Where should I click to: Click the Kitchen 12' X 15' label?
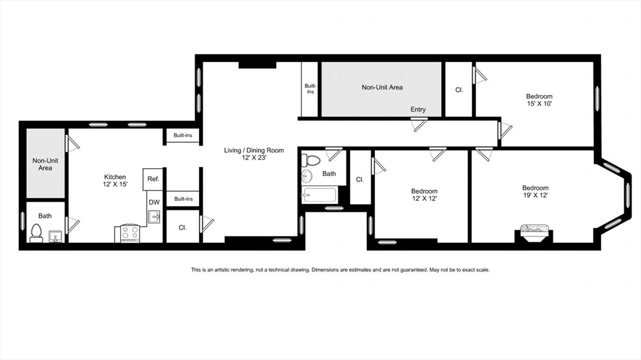[115, 181]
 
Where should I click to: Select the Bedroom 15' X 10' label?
[539, 100]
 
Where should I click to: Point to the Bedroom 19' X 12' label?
[535, 192]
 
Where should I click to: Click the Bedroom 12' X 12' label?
[424, 195]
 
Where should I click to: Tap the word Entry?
[418, 110]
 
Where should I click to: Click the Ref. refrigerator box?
[153, 178]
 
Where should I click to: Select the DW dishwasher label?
[153, 202]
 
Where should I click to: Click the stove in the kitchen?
[130, 234]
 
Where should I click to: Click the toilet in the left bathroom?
[36, 233]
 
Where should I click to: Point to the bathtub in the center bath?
[320, 196]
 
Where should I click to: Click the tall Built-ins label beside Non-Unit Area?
[310, 89]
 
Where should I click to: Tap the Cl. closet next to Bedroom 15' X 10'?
[459, 90]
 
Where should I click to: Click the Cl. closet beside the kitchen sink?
[182, 228]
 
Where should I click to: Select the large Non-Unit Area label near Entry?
[382, 88]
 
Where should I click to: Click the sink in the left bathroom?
[54, 236]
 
